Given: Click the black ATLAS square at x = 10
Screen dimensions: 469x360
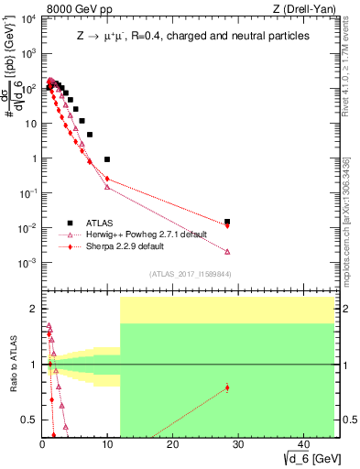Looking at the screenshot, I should click(x=107, y=159).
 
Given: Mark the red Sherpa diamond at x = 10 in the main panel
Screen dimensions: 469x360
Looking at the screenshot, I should click(x=107, y=179).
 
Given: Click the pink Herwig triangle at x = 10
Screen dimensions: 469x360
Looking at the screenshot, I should click(x=107, y=187).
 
